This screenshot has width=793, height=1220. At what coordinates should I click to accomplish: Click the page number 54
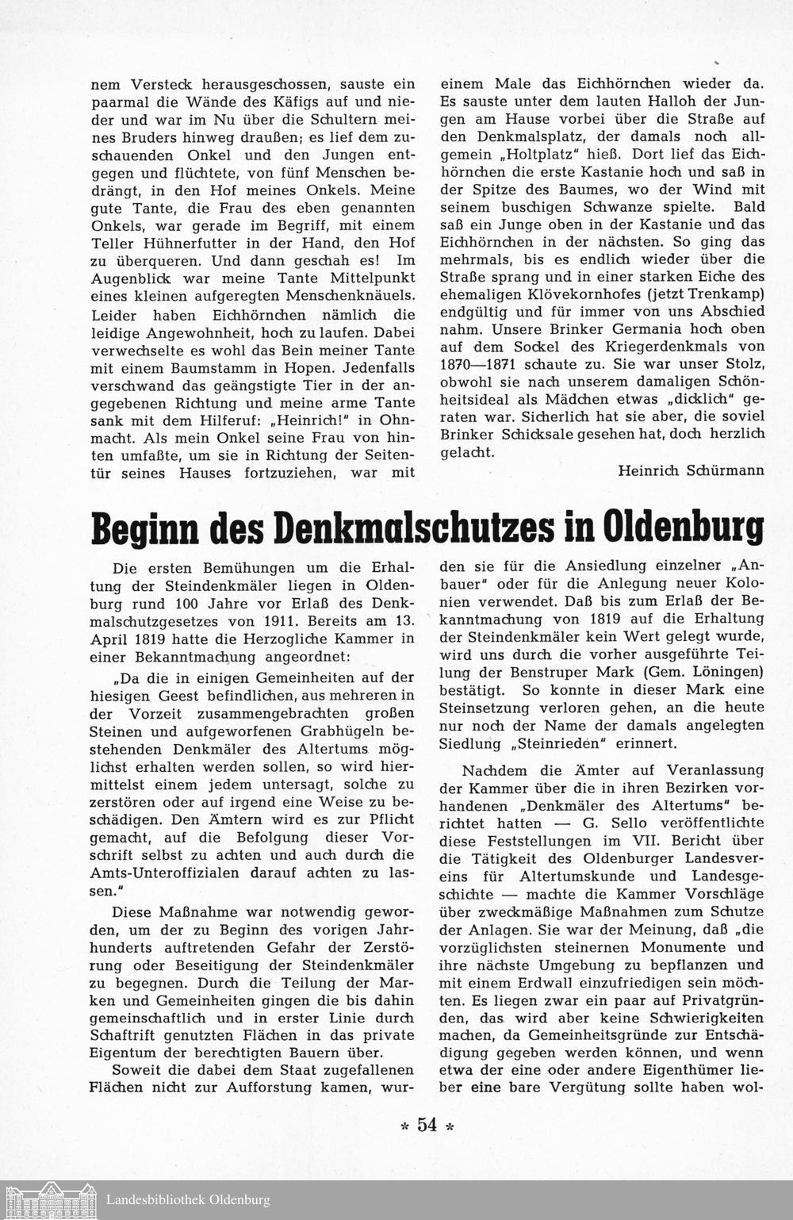(427, 1124)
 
